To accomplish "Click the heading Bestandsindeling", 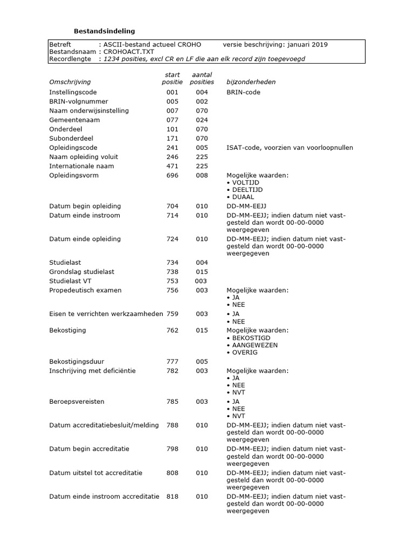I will click(104, 31).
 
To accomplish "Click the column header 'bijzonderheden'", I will click(251, 82).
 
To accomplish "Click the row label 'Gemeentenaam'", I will click(74, 120).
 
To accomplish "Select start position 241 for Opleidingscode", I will click(172, 148).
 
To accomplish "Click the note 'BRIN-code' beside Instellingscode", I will click(244, 92).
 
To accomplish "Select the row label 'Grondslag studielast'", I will click(82, 272).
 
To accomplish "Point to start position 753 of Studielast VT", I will click(172, 281).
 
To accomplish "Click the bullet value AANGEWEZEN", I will click(255, 345).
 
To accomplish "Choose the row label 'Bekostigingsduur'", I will click(77, 362).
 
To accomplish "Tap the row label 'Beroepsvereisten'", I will click(77, 402).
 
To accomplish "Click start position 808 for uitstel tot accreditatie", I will click(172, 473).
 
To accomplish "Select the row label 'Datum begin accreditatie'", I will click(89, 448).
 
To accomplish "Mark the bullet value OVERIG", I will click(245, 352).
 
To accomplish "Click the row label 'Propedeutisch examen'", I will click(85, 290).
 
